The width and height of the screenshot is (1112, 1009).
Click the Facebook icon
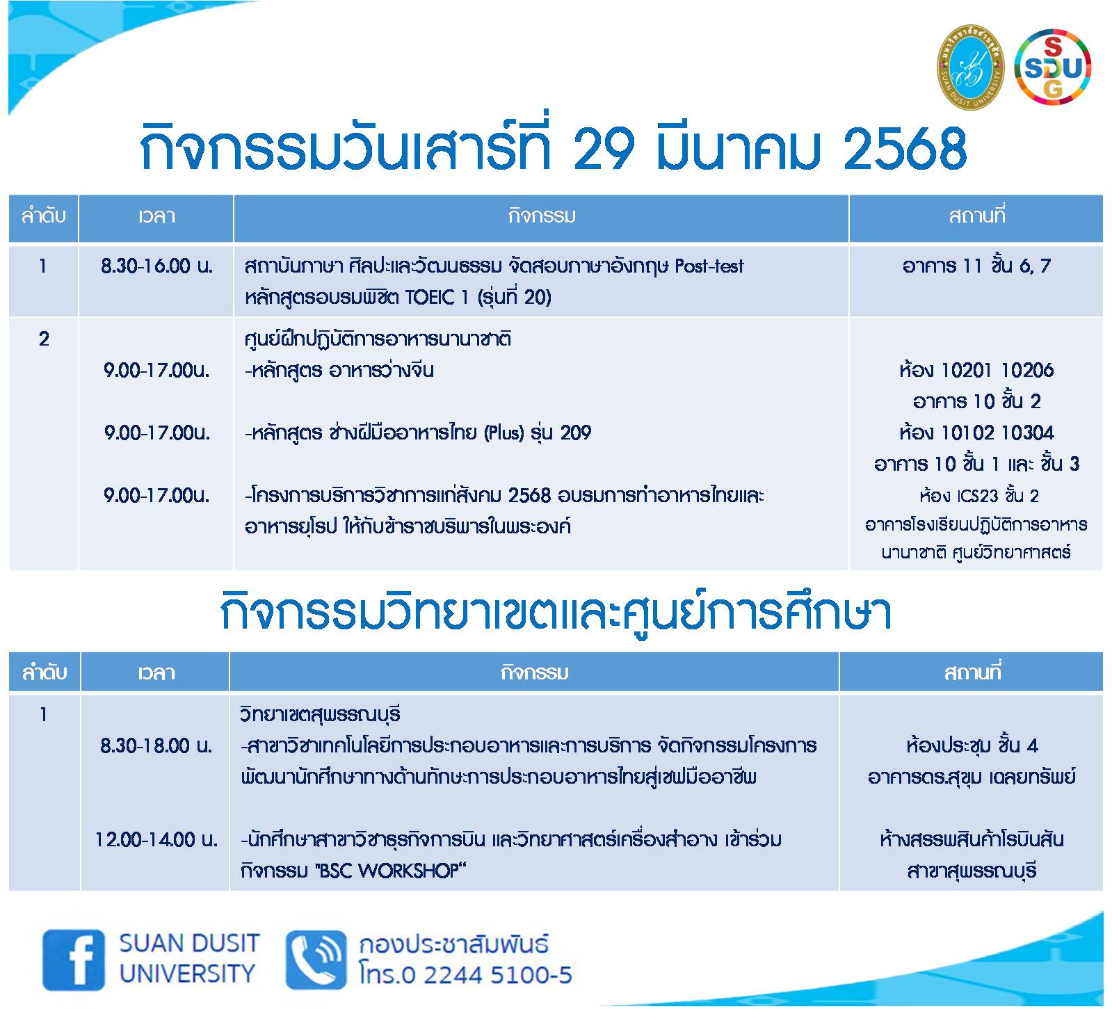[x=74, y=960]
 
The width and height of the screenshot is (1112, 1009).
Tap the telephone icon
[x=316, y=960]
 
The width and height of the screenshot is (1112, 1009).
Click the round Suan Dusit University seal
[x=971, y=67]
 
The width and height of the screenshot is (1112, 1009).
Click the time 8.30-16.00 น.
[x=156, y=266]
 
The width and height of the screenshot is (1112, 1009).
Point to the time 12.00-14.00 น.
[x=156, y=839]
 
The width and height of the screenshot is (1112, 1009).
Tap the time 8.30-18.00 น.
[x=156, y=745]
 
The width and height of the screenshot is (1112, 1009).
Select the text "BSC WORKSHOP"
[x=389, y=871]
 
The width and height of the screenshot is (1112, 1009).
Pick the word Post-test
[x=709, y=266]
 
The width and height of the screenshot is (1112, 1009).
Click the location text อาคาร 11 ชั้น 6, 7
[x=976, y=266]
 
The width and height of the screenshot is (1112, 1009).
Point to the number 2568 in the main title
[x=905, y=148]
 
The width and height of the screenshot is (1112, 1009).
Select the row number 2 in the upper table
[x=44, y=339]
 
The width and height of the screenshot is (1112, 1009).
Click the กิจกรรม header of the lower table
[x=534, y=672]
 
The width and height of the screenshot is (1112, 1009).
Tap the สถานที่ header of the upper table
[x=976, y=216]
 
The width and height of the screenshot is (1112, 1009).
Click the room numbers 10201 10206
[x=997, y=370]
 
